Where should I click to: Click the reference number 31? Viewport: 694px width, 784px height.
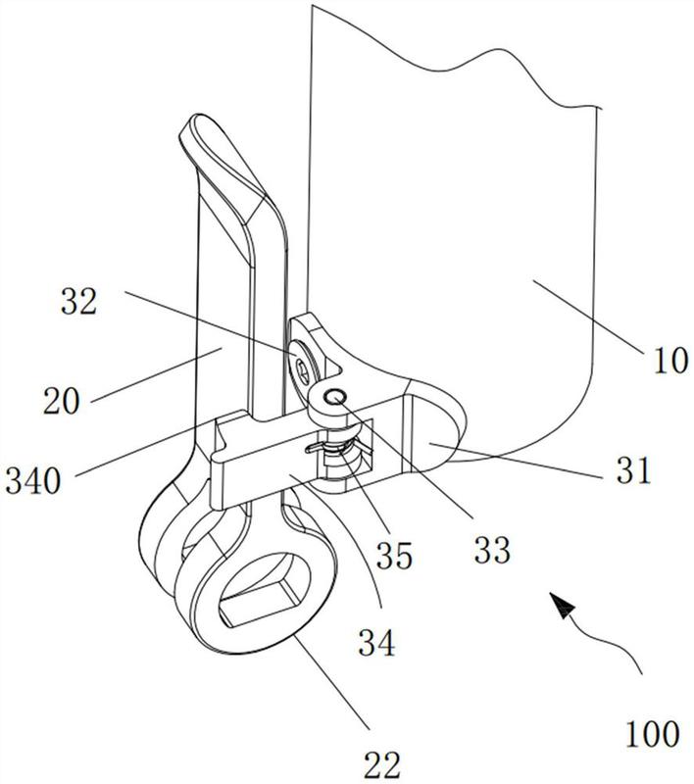(633, 473)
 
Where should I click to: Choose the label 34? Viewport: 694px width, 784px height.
(376, 644)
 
